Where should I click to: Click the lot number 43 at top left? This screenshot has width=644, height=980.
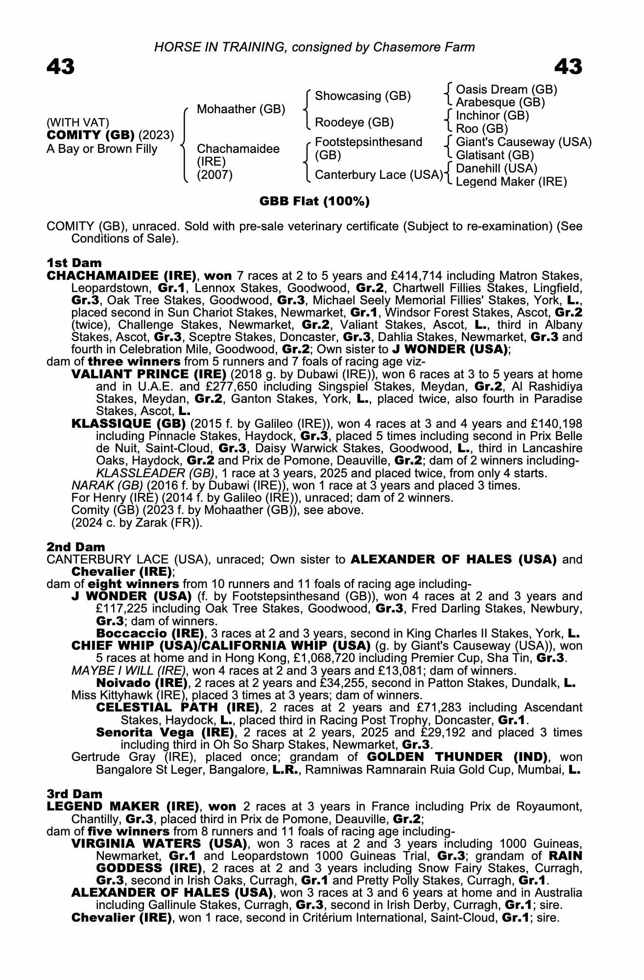coord(61,67)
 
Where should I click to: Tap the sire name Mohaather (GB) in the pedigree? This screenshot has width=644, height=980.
coord(240,109)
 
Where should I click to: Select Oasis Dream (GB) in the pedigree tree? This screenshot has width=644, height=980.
coord(506,90)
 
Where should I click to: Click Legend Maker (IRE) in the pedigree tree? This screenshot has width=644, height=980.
coord(511,182)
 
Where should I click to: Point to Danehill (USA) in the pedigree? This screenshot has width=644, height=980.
coord(497,169)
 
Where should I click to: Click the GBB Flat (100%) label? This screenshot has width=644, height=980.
coord(314,201)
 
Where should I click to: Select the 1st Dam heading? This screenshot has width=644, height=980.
coord(74,263)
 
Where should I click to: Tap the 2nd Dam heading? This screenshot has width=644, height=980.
coord(76,547)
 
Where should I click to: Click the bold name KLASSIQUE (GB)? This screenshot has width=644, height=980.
coord(128,423)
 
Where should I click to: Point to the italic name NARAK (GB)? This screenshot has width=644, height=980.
coord(107,486)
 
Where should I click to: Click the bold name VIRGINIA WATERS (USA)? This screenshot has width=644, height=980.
coord(159,844)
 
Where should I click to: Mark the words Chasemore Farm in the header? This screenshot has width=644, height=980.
coord(424,47)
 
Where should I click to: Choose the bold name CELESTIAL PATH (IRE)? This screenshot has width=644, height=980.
coord(177,708)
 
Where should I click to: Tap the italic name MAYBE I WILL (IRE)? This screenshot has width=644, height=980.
coord(128,670)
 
